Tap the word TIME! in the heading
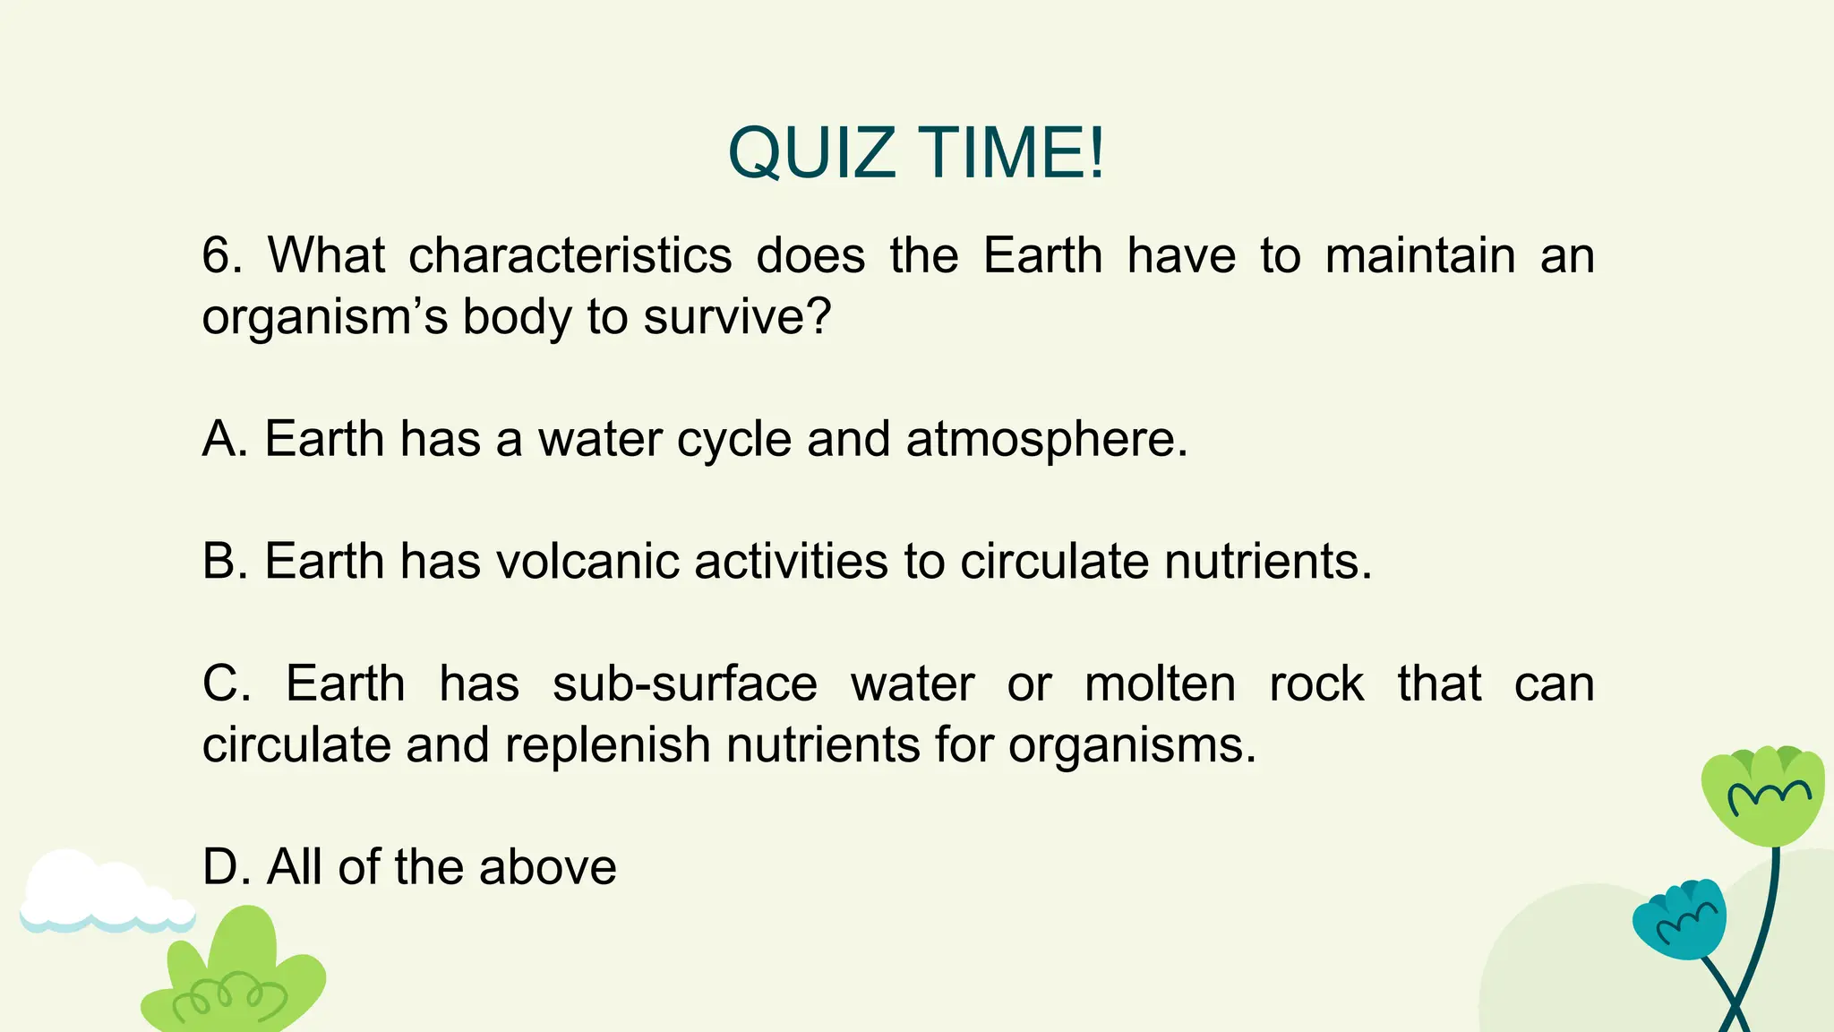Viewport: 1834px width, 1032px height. point(1012,152)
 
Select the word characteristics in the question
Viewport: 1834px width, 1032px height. point(570,255)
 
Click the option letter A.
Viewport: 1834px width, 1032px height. point(224,439)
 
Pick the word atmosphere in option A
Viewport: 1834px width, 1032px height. point(1045,441)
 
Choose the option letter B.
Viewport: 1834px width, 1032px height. point(224,561)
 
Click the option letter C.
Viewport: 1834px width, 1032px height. point(226,684)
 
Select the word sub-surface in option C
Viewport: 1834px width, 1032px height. point(684,684)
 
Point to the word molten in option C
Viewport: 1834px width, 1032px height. point(1160,684)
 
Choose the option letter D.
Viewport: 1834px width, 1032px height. point(225,867)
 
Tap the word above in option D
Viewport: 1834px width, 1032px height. point(547,867)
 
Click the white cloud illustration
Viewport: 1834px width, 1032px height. point(99,891)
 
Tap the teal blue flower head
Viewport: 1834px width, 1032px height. point(1679,918)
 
